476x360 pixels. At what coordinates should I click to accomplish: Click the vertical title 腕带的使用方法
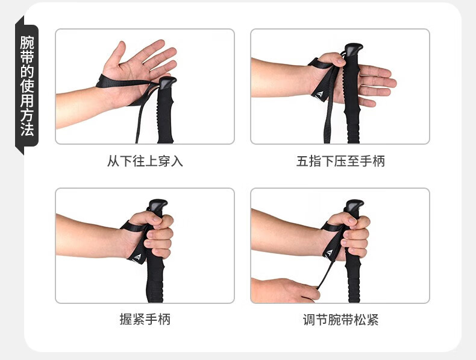tap(27, 86)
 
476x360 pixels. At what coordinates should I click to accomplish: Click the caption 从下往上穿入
tap(145, 161)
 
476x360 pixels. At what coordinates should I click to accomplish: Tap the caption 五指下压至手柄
tap(340, 161)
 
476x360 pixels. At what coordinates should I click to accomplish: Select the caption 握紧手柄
tap(145, 319)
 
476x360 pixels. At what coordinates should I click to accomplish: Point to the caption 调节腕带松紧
tap(340, 320)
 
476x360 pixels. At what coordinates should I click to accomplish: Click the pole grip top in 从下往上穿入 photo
tap(168, 83)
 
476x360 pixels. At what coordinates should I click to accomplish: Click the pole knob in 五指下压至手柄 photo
tap(353, 49)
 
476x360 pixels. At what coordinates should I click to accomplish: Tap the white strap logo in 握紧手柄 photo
tap(137, 257)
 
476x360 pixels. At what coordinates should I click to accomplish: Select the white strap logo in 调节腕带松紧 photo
tap(330, 253)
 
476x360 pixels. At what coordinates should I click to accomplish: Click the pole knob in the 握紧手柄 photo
tap(157, 206)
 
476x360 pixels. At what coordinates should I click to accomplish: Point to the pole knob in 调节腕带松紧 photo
tap(354, 206)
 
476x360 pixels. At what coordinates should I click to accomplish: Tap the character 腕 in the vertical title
tap(27, 43)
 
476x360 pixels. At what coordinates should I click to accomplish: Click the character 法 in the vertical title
tap(27, 130)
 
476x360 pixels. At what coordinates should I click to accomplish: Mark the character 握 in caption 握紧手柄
tap(126, 319)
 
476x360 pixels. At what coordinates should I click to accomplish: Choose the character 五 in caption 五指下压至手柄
tap(302, 161)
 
